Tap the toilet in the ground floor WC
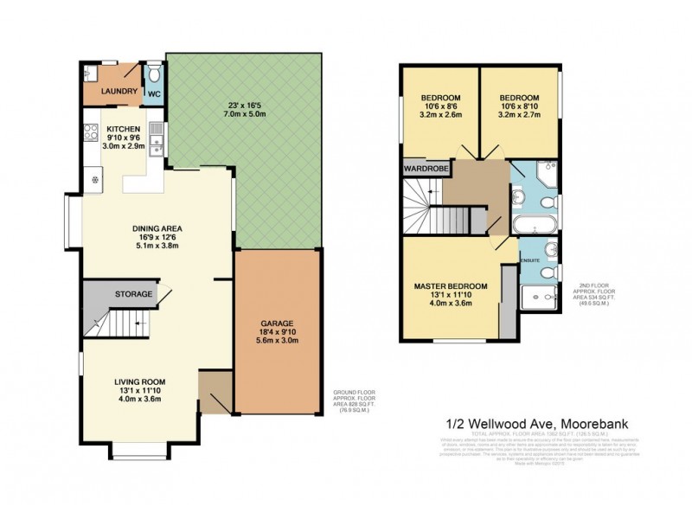click(x=152, y=73)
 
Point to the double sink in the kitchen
click(x=155, y=134)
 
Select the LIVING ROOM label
click(x=140, y=381)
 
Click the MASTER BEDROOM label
click(x=450, y=286)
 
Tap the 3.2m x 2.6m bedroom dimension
click(x=440, y=113)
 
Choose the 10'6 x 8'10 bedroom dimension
click(x=519, y=105)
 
